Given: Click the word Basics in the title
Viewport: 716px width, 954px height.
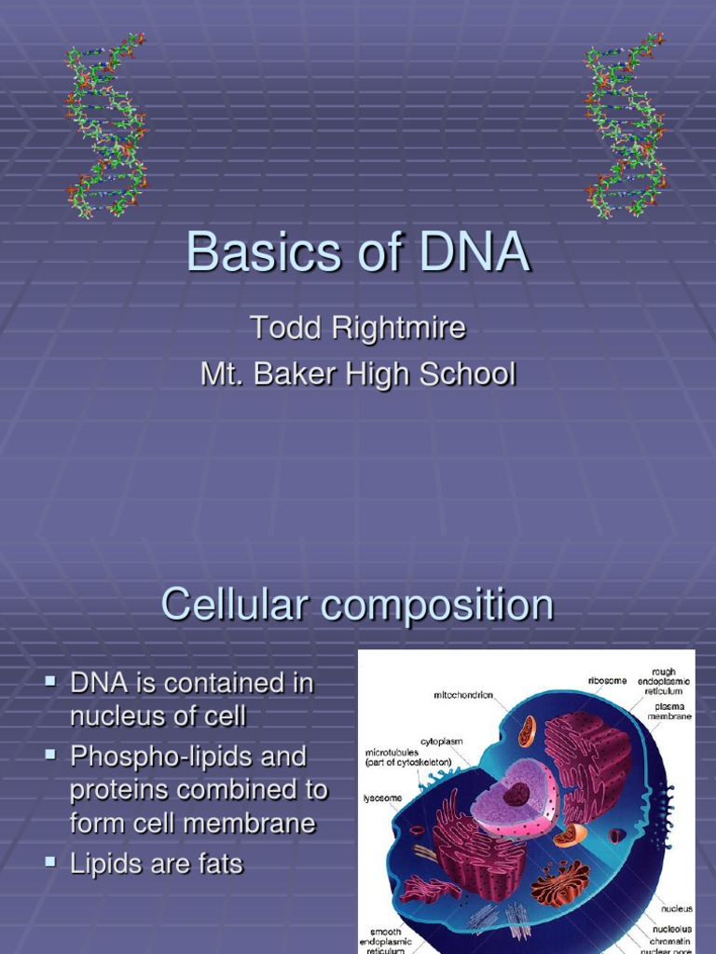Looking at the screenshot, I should point(249,252).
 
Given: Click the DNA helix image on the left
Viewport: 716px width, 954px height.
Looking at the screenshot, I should point(106,126).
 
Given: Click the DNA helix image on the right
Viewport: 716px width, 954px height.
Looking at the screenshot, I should point(626,126).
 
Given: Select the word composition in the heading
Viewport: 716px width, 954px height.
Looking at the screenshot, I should point(437,606).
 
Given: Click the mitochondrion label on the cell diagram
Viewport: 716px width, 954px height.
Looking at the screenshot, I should point(463,695).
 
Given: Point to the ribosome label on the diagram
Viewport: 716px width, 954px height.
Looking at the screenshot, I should point(607,681).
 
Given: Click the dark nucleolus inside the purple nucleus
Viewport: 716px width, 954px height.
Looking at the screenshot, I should point(516,795).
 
